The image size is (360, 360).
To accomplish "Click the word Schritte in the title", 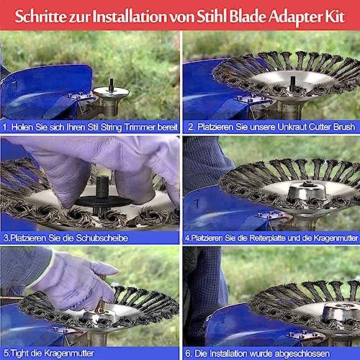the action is coord(40,17).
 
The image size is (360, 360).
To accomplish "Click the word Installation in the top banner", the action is coord(130,17).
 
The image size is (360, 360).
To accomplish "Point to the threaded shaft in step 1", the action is coord(111,85).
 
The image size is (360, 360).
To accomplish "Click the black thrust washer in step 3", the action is coord(103,202).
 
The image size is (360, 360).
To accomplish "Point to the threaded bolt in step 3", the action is coord(103,186).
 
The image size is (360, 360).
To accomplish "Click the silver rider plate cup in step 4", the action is coord(307,192).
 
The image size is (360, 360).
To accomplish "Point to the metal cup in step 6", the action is coord(341,312).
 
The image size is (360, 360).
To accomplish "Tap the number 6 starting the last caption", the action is coord(188,354).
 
